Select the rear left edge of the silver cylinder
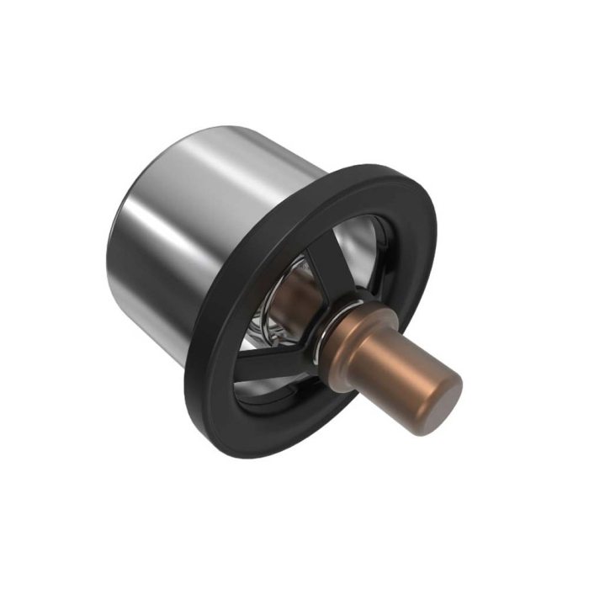(x=118, y=244)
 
